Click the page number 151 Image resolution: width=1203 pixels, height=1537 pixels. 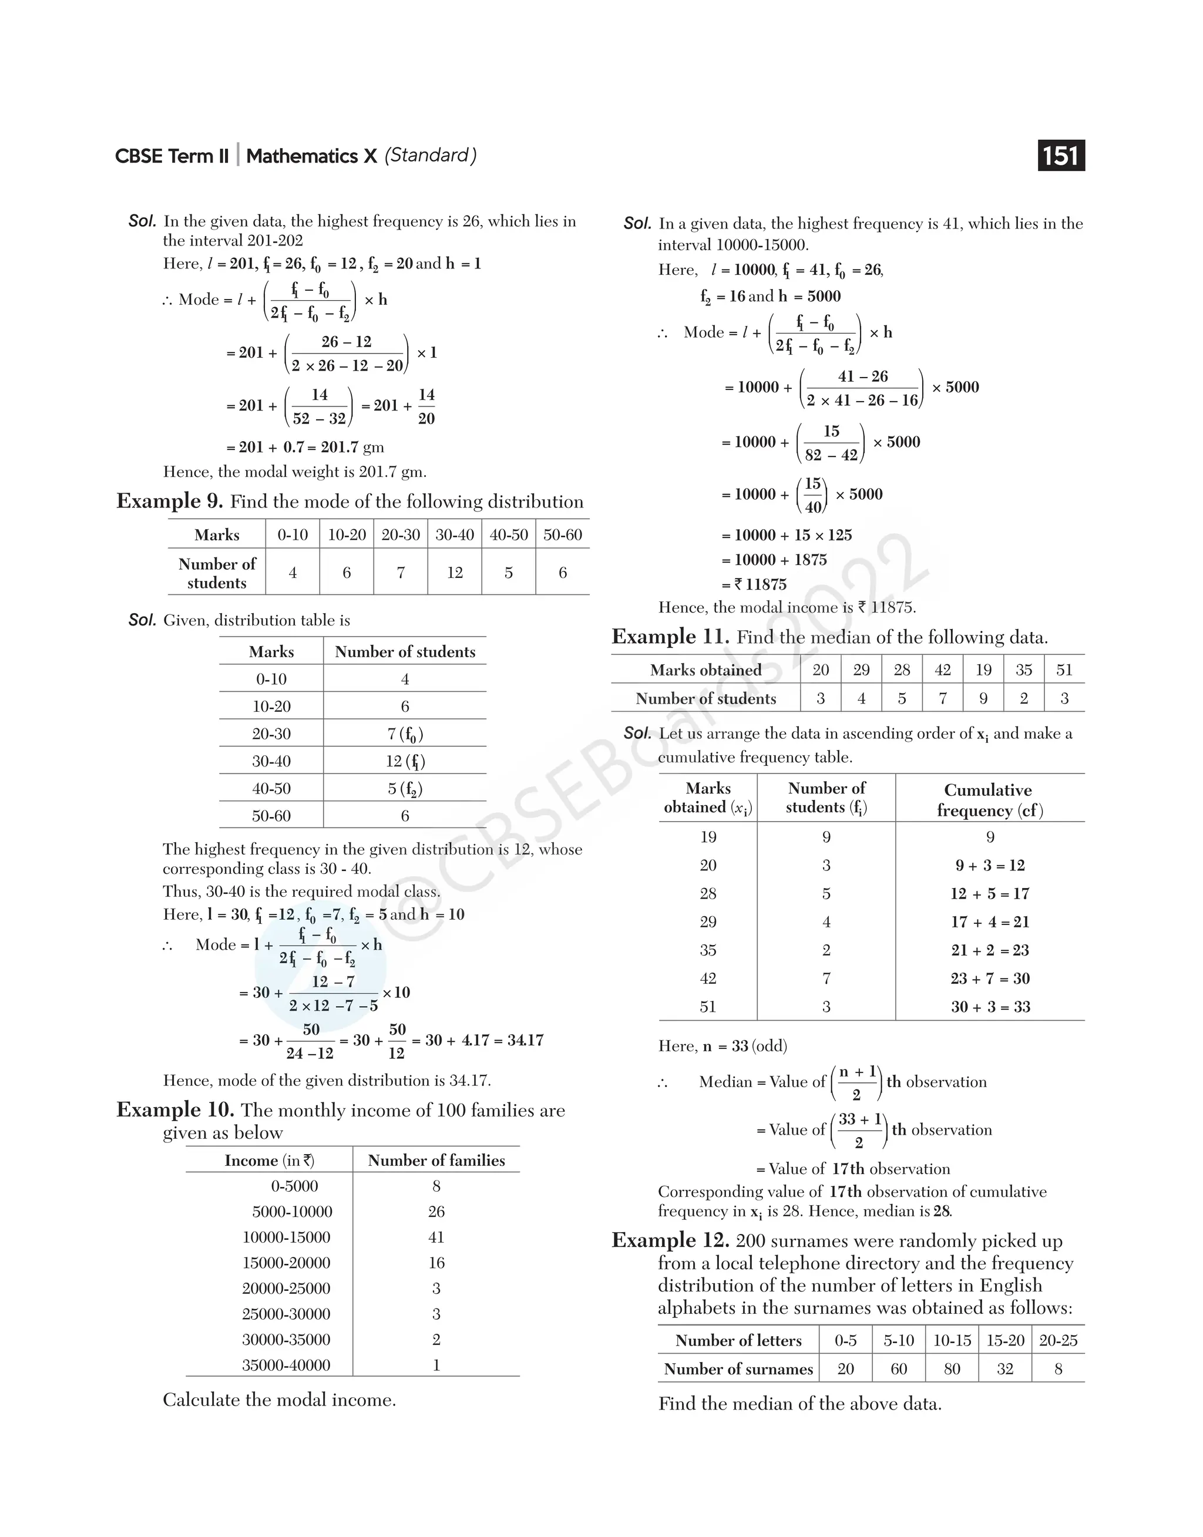[x=1061, y=156]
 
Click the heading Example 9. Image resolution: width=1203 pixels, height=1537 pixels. [x=170, y=502]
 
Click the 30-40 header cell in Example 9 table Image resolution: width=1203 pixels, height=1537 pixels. [x=454, y=534]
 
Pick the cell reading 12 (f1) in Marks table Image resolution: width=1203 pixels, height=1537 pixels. [x=405, y=761]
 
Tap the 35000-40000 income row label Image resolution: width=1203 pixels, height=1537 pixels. [x=286, y=1365]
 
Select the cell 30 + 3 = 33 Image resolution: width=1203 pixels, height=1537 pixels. [x=990, y=1007]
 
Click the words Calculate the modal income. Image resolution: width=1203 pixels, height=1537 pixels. [x=279, y=1400]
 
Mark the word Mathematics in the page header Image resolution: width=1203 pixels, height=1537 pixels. [x=302, y=156]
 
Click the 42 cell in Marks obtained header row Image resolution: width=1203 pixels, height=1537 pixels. [x=942, y=670]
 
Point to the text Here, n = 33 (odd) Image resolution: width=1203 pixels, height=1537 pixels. [x=723, y=1045]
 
